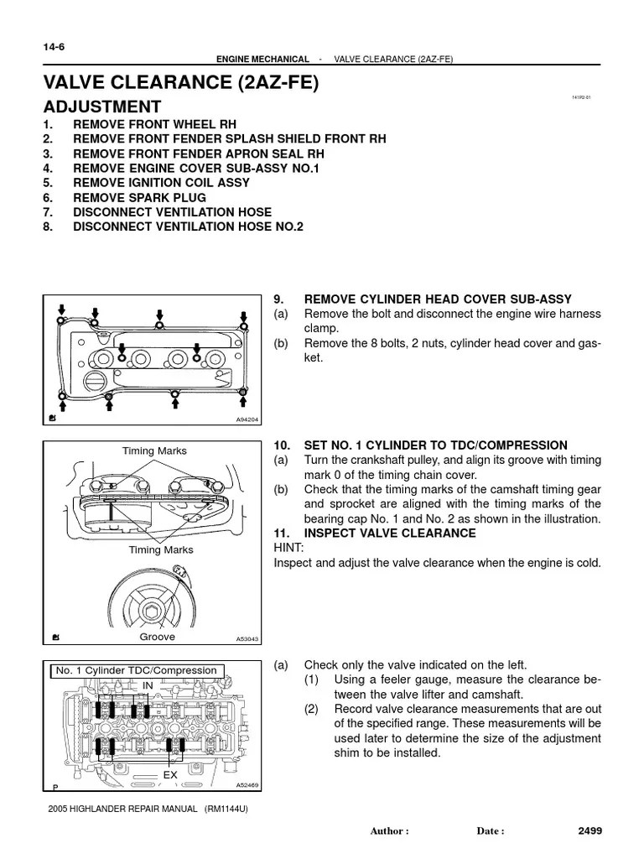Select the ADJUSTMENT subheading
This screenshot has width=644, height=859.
pyautogui.click(x=102, y=107)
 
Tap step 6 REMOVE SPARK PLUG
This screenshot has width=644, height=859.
pyautogui.click(x=139, y=198)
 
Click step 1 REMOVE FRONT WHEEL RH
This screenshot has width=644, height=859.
pyautogui.click(x=154, y=124)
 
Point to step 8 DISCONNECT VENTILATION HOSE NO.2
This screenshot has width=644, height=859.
pyautogui.click(x=188, y=227)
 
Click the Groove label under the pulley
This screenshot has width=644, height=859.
pyautogui.click(x=157, y=638)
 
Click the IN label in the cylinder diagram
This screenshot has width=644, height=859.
pyautogui.click(x=148, y=685)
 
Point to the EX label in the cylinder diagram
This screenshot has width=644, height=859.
pyautogui.click(x=170, y=775)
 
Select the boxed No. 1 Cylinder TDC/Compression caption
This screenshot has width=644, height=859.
pyautogui.click(x=136, y=671)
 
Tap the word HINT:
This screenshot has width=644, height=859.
pyautogui.click(x=289, y=548)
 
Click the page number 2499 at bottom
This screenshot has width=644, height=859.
pyautogui.click(x=590, y=831)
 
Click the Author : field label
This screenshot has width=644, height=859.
pyautogui.click(x=389, y=832)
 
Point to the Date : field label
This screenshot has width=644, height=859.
pyautogui.click(x=491, y=832)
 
